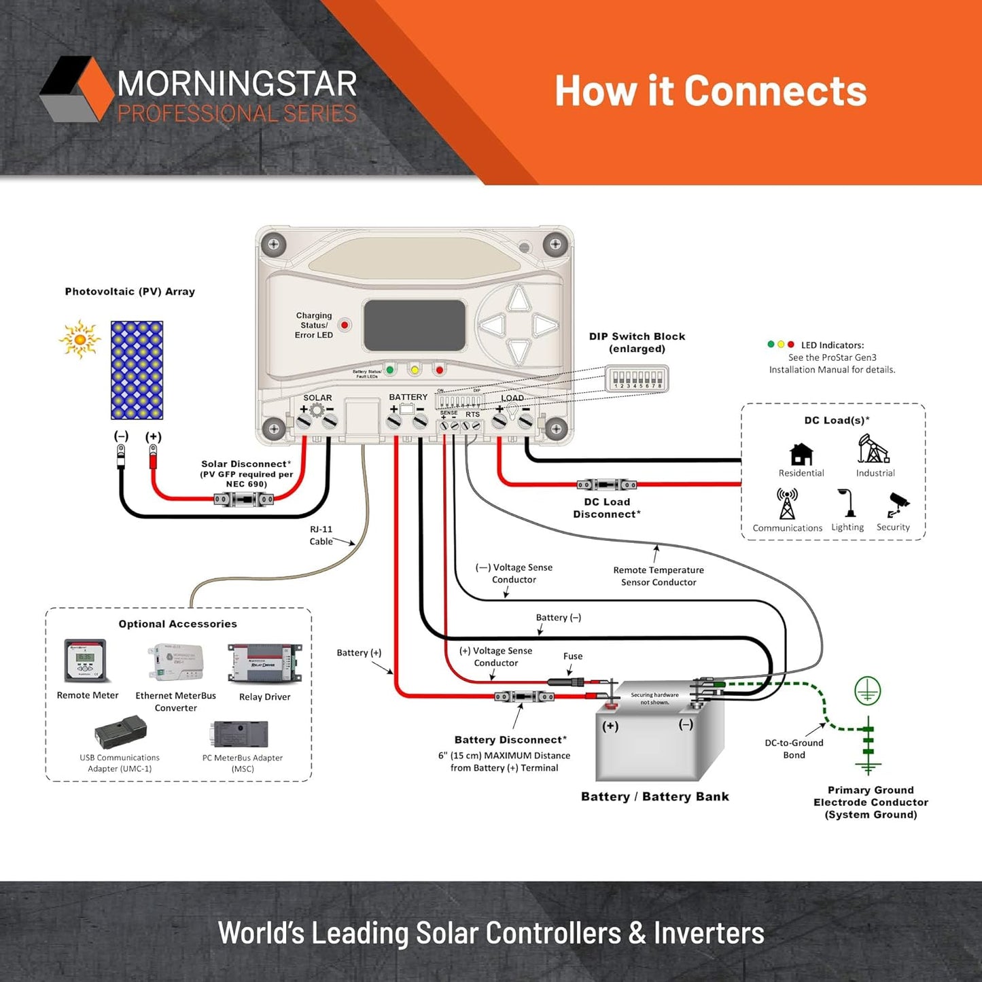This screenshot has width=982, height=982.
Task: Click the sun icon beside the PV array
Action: pyautogui.click(x=80, y=338)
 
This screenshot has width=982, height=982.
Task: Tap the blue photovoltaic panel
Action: pyautogui.click(x=137, y=370)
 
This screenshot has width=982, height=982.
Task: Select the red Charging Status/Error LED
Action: pyautogui.click(x=345, y=325)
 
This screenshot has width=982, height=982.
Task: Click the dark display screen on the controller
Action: pyautogui.click(x=414, y=325)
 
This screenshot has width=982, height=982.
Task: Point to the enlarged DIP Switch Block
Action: pyautogui.click(x=637, y=379)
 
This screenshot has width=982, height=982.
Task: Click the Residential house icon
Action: pyautogui.click(x=801, y=454)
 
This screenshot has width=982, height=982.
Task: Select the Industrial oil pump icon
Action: pyautogui.click(x=874, y=449)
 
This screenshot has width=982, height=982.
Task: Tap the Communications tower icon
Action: pyautogui.click(x=787, y=504)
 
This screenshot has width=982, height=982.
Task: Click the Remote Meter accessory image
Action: pyautogui.click(x=85, y=660)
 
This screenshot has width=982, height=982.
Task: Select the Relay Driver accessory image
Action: pyautogui.click(x=264, y=663)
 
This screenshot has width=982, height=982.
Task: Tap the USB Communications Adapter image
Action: pyautogui.click(x=120, y=732)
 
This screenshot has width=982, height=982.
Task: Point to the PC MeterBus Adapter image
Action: pyautogui.click(x=241, y=734)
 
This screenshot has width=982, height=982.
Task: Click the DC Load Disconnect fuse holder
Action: pyautogui.click(x=606, y=485)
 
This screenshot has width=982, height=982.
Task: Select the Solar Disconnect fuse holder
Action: pyautogui.click(x=243, y=499)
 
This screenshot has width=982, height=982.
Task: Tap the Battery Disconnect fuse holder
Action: pyautogui.click(x=523, y=697)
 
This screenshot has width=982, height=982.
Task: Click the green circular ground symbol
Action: pyautogui.click(x=867, y=691)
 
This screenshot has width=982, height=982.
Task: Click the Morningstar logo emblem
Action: pyautogui.click(x=75, y=89)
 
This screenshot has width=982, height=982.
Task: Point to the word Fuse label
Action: pyautogui.click(x=572, y=656)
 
